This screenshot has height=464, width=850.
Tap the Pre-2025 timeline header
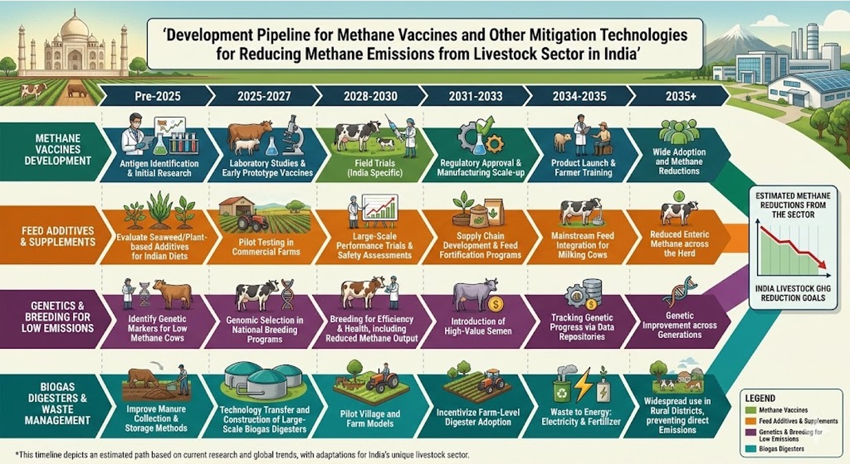[x=158, y=96]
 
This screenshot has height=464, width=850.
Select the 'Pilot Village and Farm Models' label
[x=370, y=419]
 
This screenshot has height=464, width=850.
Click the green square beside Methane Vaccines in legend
[x=751, y=411]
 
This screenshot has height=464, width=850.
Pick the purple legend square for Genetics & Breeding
[x=751, y=434]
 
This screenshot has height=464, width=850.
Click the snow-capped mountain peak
[x=738, y=31]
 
